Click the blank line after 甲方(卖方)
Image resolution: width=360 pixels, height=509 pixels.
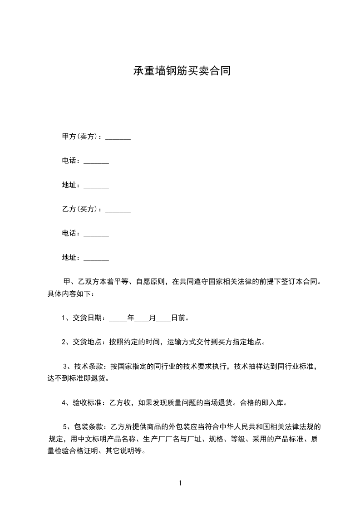coord(118,137)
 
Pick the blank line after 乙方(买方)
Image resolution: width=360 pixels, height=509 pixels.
coord(118,210)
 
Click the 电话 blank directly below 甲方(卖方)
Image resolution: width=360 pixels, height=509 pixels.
coord(96,162)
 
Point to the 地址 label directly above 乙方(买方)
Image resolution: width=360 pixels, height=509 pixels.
coord(70,185)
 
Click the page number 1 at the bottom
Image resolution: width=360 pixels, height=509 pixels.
coord(180,483)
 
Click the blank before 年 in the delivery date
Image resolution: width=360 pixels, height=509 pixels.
coord(118,319)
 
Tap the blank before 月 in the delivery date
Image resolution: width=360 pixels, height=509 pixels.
coord(142,319)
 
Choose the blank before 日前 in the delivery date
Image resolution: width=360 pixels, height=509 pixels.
coord(163,319)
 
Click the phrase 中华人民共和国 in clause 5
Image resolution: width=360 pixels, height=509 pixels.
coord(242,426)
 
